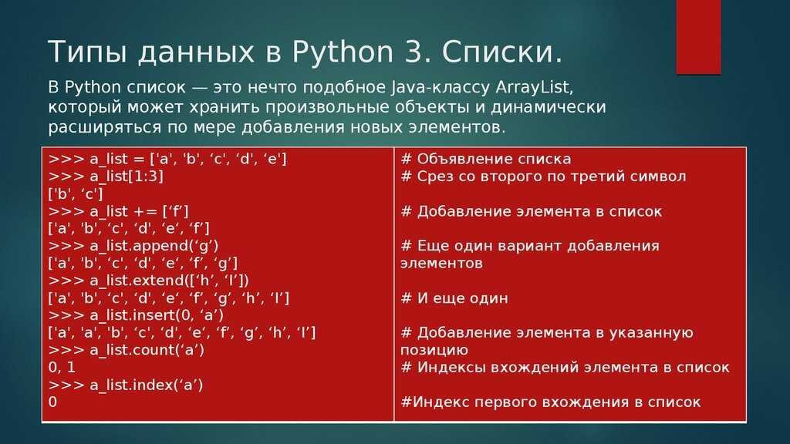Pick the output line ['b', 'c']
pos(76,193)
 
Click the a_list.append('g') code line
pos(134,246)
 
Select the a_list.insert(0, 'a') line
pos(137,314)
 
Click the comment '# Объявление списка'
pos(486,159)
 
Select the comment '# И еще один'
pos(454,298)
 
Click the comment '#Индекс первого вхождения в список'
pos(551,402)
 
